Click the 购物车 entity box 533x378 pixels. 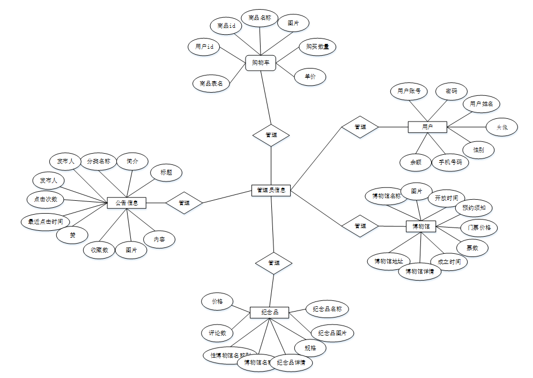(x=260, y=63)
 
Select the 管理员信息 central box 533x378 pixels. (x=271, y=190)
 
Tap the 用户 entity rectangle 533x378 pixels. (x=427, y=127)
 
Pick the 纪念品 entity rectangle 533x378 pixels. (x=269, y=312)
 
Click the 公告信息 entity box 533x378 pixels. (x=127, y=203)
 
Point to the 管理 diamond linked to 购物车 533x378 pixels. (x=271, y=135)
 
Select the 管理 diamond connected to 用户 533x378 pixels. (x=360, y=127)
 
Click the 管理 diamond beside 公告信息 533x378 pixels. (x=184, y=203)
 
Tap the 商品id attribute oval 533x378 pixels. (x=226, y=26)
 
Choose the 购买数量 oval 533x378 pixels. (x=317, y=47)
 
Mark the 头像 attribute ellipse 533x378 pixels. (x=502, y=127)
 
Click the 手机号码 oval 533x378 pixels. (x=450, y=162)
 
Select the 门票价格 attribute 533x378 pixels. (x=479, y=227)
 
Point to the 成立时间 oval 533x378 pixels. (x=449, y=261)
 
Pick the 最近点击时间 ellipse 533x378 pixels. (x=46, y=221)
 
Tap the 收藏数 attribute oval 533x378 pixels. (x=99, y=250)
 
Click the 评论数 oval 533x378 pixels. (x=217, y=333)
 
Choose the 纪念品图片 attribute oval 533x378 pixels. (x=332, y=333)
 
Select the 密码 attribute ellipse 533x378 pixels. (x=451, y=92)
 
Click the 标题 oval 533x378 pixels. (x=166, y=172)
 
